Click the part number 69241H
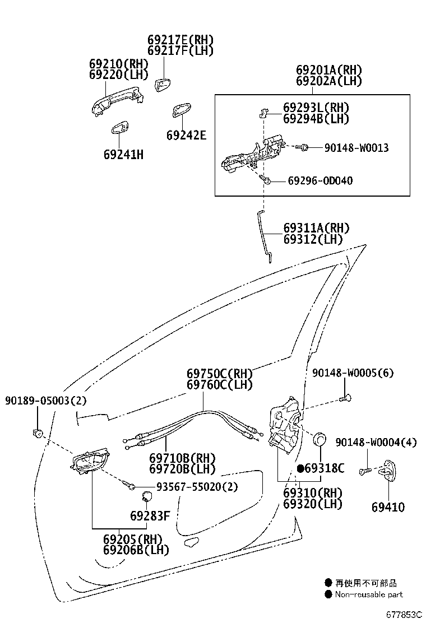123,154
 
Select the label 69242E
186,135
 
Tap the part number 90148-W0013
356,148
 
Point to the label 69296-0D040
320,181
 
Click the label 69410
387,508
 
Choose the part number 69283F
150,515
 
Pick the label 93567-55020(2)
189,487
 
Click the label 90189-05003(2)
46,401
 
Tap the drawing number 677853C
403,614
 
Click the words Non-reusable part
368,594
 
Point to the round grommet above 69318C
320,439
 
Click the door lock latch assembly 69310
286,426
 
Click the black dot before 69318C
300,468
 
